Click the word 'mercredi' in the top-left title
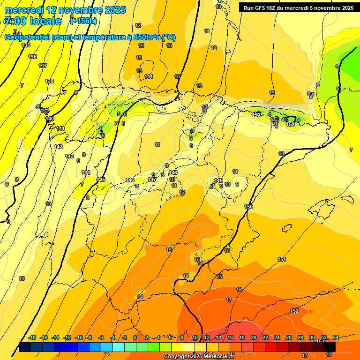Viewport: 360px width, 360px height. [23, 10]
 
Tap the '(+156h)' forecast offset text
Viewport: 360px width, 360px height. [83, 21]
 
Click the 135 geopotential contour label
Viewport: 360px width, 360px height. [26, 45]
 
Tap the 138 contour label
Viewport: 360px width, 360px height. [49, 81]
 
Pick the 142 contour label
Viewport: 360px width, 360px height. [58, 147]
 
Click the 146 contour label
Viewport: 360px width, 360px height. [130, 180]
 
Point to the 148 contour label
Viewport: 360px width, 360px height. [173, 172]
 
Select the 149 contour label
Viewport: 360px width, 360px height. [218, 180]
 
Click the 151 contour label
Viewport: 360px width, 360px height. [282, 259]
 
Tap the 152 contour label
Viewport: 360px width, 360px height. [294, 311]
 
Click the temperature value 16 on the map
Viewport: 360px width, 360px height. [239, 290]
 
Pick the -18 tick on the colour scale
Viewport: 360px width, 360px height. [32, 337]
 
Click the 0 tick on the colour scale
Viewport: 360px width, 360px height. [135, 337]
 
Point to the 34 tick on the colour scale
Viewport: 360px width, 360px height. [336, 337]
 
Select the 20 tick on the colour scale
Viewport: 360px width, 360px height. [253, 337]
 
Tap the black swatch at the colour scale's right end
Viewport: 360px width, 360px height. [330, 347]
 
